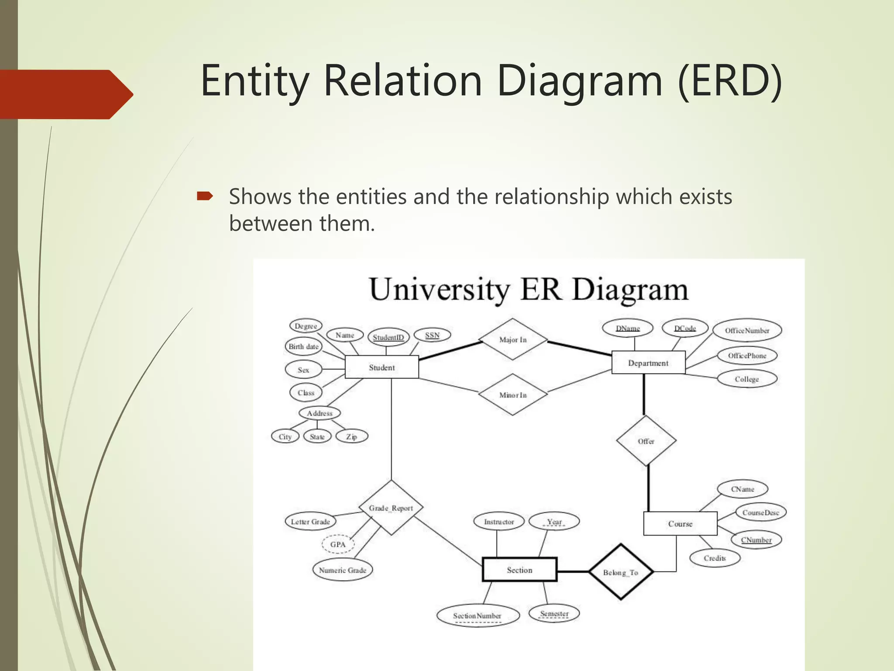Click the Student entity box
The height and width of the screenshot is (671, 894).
click(x=382, y=367)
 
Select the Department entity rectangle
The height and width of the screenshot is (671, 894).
click(x=648, y=363)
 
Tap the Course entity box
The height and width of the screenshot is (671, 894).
click(x=680, y=523)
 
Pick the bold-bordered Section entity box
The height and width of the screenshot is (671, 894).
click(x=519, y=570)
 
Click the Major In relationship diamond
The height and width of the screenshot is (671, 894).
click(x=512, y=339)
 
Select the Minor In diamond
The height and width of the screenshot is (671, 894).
click(x=512, y=394)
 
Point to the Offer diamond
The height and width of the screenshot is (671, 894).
click(x=646, y=441)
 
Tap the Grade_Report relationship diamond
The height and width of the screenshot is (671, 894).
click(x=391, y=508)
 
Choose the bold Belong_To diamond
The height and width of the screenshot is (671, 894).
click(x=620, y=572)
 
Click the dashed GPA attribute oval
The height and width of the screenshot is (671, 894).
click(x=337, y=544)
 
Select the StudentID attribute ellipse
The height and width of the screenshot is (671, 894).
click(x=388, y=337)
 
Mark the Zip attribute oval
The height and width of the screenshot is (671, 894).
click(x=351, y=436)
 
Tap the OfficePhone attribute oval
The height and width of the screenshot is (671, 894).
click(x=746, y=356)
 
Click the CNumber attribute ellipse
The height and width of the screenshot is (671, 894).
click(x=756, y=540)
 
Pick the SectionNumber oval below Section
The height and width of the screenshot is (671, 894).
click(x=477, y=616)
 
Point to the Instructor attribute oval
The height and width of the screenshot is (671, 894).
click(x=499, y=522)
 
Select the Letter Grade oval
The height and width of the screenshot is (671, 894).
click(x=310, y=522)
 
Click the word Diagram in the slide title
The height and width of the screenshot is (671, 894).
click(x=580, y=81)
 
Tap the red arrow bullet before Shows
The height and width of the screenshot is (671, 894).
click(x=204, y=196)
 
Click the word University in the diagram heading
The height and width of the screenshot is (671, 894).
click(x=439, y=290)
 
